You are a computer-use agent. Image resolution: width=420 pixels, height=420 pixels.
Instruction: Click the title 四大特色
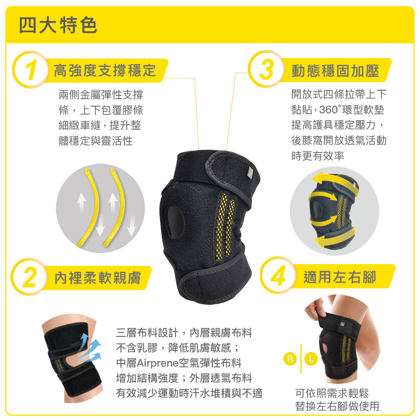coord(58,25)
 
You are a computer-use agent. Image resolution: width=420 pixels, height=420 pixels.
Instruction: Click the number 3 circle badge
coord(266,69)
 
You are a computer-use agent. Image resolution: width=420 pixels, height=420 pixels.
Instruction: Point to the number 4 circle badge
coord(278,276)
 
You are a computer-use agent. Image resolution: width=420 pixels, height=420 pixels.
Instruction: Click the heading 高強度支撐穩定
coord(105,71)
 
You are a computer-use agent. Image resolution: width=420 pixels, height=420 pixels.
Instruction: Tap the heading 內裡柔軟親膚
coord(97,278)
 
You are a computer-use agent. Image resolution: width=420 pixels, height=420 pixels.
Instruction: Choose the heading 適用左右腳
coord(340,277)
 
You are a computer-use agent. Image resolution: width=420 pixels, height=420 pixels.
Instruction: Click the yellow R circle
coord(290,358)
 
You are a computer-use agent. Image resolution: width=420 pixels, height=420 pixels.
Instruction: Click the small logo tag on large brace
coord(249,173)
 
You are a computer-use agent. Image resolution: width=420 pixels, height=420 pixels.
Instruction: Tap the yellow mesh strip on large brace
coord(224,227)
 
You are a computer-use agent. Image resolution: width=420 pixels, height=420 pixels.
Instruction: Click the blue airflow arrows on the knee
coord(90,347)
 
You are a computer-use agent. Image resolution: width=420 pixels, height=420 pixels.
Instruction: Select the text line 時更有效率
coord(318,156)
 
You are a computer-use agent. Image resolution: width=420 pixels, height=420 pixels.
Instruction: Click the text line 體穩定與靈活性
coord(96,141)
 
